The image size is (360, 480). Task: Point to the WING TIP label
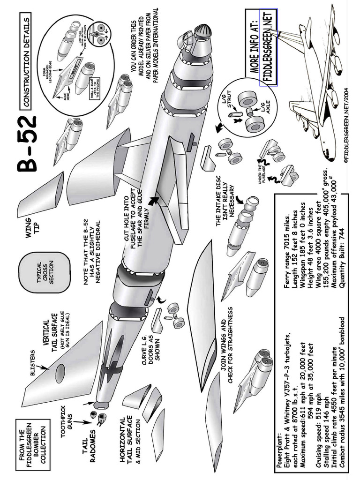coord(33,216)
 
